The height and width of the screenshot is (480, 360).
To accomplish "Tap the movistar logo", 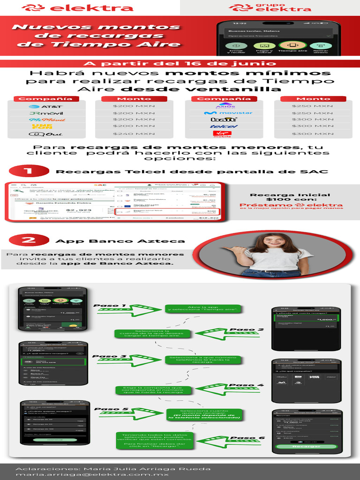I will (x=222, y=113).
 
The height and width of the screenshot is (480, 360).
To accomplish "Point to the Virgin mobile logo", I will (x=222, y=134).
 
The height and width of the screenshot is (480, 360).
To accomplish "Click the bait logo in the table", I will (x=222, y=120).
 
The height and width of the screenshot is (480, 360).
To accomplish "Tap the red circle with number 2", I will (x=29, y=240).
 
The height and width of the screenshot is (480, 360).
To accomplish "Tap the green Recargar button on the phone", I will (x=307, y=446).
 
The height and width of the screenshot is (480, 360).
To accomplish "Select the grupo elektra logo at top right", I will (x=270, y=7).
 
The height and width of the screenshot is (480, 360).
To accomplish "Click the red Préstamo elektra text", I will (x=291, y=205).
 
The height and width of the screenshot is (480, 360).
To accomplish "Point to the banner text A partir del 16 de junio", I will (x=180, y=64).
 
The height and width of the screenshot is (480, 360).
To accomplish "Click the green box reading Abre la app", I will (x=203, y=309).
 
